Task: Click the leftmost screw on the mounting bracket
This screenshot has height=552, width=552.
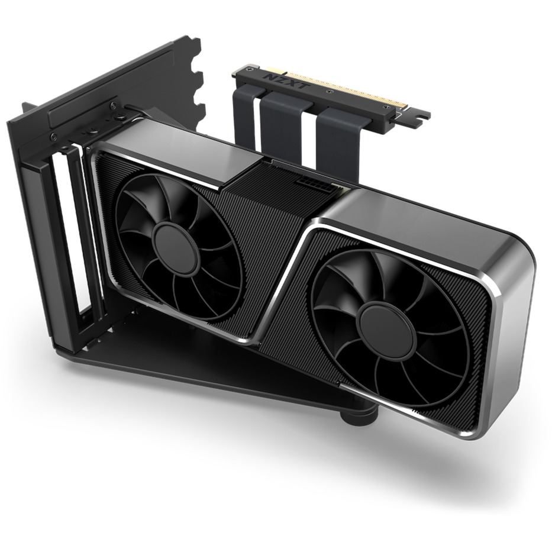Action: pyautogui.click(x=54, y=137)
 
